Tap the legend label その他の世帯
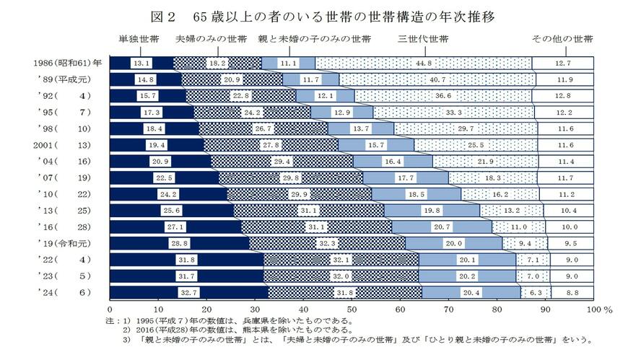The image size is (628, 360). click(x=562, y=38)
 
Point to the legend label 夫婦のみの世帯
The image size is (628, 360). click(x=211, y=38)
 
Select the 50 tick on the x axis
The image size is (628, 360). click(x=352, y=308)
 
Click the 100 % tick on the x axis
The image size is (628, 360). click(x=598, y=308)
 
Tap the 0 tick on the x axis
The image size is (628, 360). click(x=110, y=308)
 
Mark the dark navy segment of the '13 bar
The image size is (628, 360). click(x=172, y=210)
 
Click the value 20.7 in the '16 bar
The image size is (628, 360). click(x=442, y=226)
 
